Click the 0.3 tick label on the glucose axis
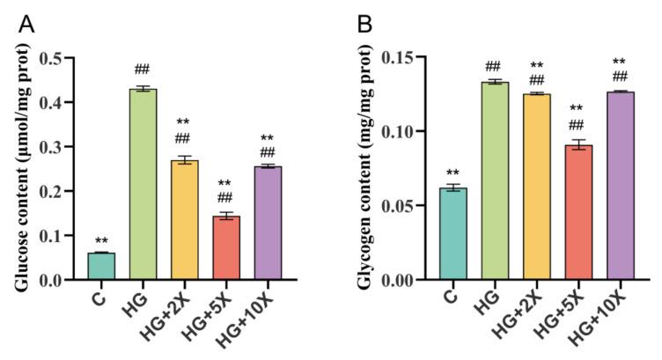(x=61, y=147)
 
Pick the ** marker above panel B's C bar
(x=452, y=173)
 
